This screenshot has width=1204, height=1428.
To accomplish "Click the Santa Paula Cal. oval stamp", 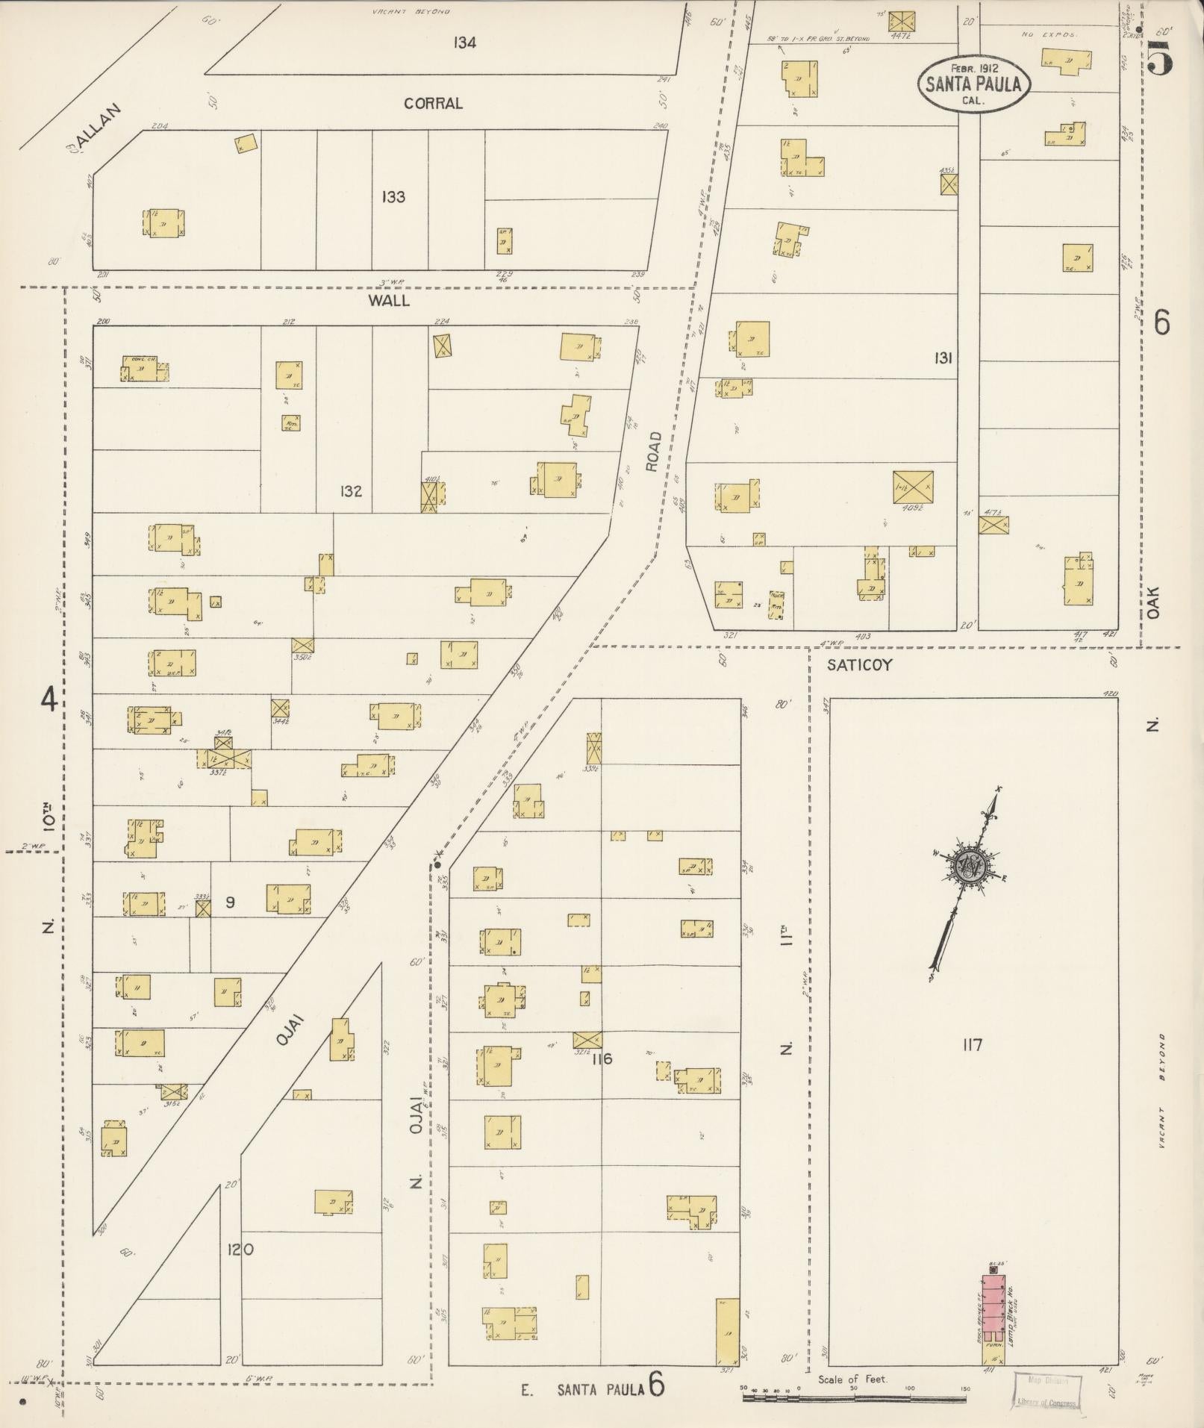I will pos(973,84).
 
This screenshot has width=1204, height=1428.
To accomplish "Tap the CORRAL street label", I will pos(433,104).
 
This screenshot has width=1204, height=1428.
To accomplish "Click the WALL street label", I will pos(389,300).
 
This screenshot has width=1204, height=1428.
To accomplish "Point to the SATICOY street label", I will pos(859,665).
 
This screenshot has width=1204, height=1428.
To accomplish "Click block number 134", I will pos(464,43).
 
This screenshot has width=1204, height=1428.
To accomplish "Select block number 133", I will pos(393,197).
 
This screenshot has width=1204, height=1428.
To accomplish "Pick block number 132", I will pos(351,491).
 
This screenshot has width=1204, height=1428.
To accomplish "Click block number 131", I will pos(943,359).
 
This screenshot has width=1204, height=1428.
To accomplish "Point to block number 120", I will pos(240,1249).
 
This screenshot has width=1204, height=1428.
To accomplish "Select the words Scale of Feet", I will pos(853,1379).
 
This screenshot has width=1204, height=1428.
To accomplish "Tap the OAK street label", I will pos(1155,601).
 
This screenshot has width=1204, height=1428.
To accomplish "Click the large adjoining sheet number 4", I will pos(49,700).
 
